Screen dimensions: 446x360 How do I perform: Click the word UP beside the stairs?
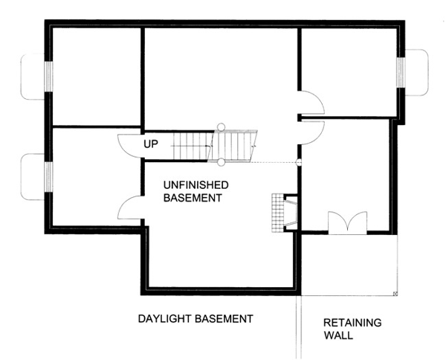(150, 144)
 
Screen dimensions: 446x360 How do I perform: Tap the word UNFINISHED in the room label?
(196, 185)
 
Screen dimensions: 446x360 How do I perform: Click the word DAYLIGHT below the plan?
(163, 319)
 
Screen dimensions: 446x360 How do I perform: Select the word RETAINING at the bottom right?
(352, 323)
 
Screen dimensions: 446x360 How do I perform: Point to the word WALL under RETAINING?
(338, 335)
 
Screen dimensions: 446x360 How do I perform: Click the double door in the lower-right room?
(348, 223)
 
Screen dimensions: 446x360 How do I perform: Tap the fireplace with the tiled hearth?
(285, 213)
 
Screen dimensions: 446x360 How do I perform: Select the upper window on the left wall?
(48, 77)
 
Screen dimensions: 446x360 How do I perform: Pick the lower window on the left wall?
(48, 177)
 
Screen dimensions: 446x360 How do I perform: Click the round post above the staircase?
(221, 126)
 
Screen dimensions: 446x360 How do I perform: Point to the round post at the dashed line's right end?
(299, 162)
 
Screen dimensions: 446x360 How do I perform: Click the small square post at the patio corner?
(395, 293)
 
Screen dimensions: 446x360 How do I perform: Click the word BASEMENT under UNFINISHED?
(193, 198)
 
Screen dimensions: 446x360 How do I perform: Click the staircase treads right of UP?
(215, 146)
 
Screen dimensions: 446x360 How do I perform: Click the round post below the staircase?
(221, 162)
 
